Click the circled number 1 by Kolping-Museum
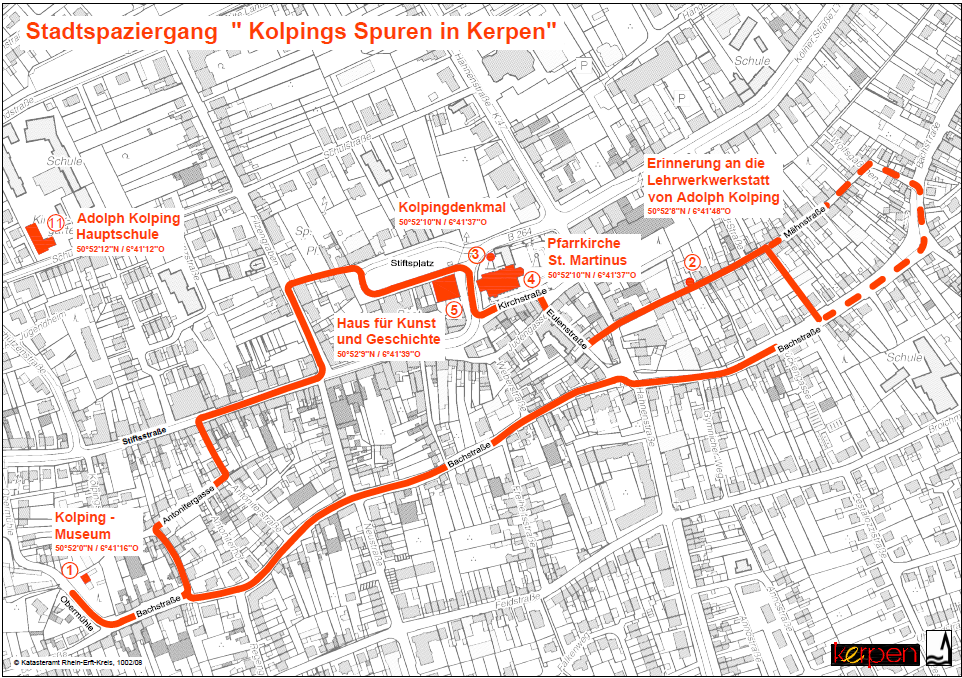[x=69, y=567]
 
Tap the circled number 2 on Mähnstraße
[x=690, y=262]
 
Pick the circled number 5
[x=454, y=310]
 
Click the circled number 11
[x=56, y=222]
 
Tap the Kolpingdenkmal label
[x=453, y=207]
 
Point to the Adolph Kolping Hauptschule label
[x=128, y=226]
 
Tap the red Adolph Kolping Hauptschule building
[x=39, y=238]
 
